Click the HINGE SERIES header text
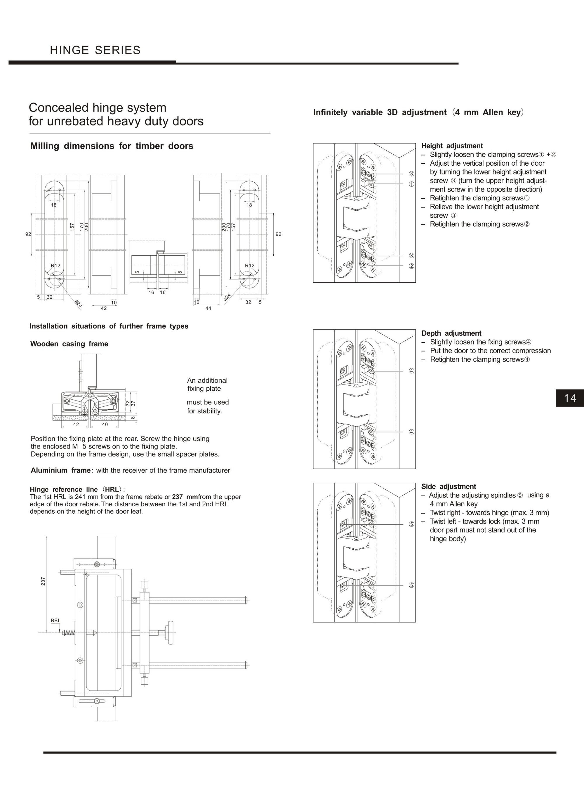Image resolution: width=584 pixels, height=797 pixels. [95, 50]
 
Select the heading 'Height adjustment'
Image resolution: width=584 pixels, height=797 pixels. [452, 146]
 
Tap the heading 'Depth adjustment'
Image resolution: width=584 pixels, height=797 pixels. [451, 333]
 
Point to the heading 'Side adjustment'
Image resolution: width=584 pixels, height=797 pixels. [449, 486]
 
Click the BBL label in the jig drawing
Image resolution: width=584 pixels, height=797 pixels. [55, 620]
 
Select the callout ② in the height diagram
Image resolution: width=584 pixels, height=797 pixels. [411, 266]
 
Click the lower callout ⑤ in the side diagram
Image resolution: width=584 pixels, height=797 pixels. [411, 585]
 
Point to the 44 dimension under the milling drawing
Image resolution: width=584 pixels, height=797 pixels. [208, 308]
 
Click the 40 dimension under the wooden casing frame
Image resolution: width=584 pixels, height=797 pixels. [105, 424]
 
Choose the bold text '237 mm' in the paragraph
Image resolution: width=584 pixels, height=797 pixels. [185, 497]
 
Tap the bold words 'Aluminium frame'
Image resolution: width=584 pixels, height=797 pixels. [60, 470]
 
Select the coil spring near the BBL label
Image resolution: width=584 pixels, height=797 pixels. [69, 633]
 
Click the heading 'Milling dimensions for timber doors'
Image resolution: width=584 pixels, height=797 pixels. [112, 146]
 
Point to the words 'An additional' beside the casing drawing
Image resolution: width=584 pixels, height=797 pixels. [207, 380]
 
